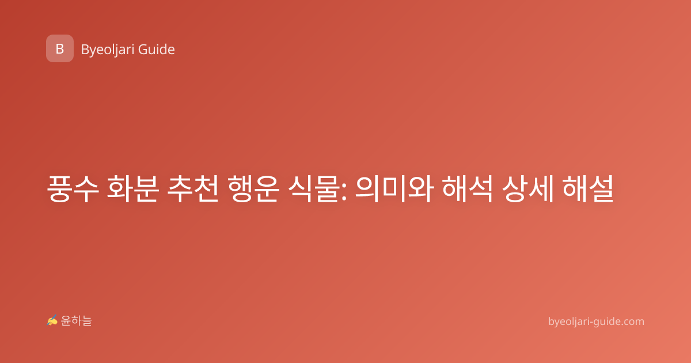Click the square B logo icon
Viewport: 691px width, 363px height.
(x=60, y=48)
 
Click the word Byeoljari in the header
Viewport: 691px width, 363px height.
(x=108, y=50)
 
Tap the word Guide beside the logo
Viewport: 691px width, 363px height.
(x=157, y=50)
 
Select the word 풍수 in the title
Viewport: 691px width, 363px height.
(x=73, y=188)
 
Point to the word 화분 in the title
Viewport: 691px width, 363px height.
(x=132, y=188)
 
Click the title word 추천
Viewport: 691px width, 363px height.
(x=193, y=188)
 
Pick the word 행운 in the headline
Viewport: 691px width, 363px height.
(x=253, y=188)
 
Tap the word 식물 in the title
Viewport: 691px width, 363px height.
(x=313, y=188)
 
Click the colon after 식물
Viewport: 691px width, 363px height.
(x=344, y=191)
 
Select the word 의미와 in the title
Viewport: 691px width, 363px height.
(x=394, y=188)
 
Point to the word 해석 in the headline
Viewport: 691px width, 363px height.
(x=468, y=188)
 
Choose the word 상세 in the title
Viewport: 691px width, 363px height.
(x=528, y=188)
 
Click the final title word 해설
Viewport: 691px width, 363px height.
(x=588, y=188)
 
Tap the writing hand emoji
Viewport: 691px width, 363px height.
(x=52, y=321)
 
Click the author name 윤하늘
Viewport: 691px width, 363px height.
(x=76, y=321)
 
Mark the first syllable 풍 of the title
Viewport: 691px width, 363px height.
(x=59, y=188)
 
